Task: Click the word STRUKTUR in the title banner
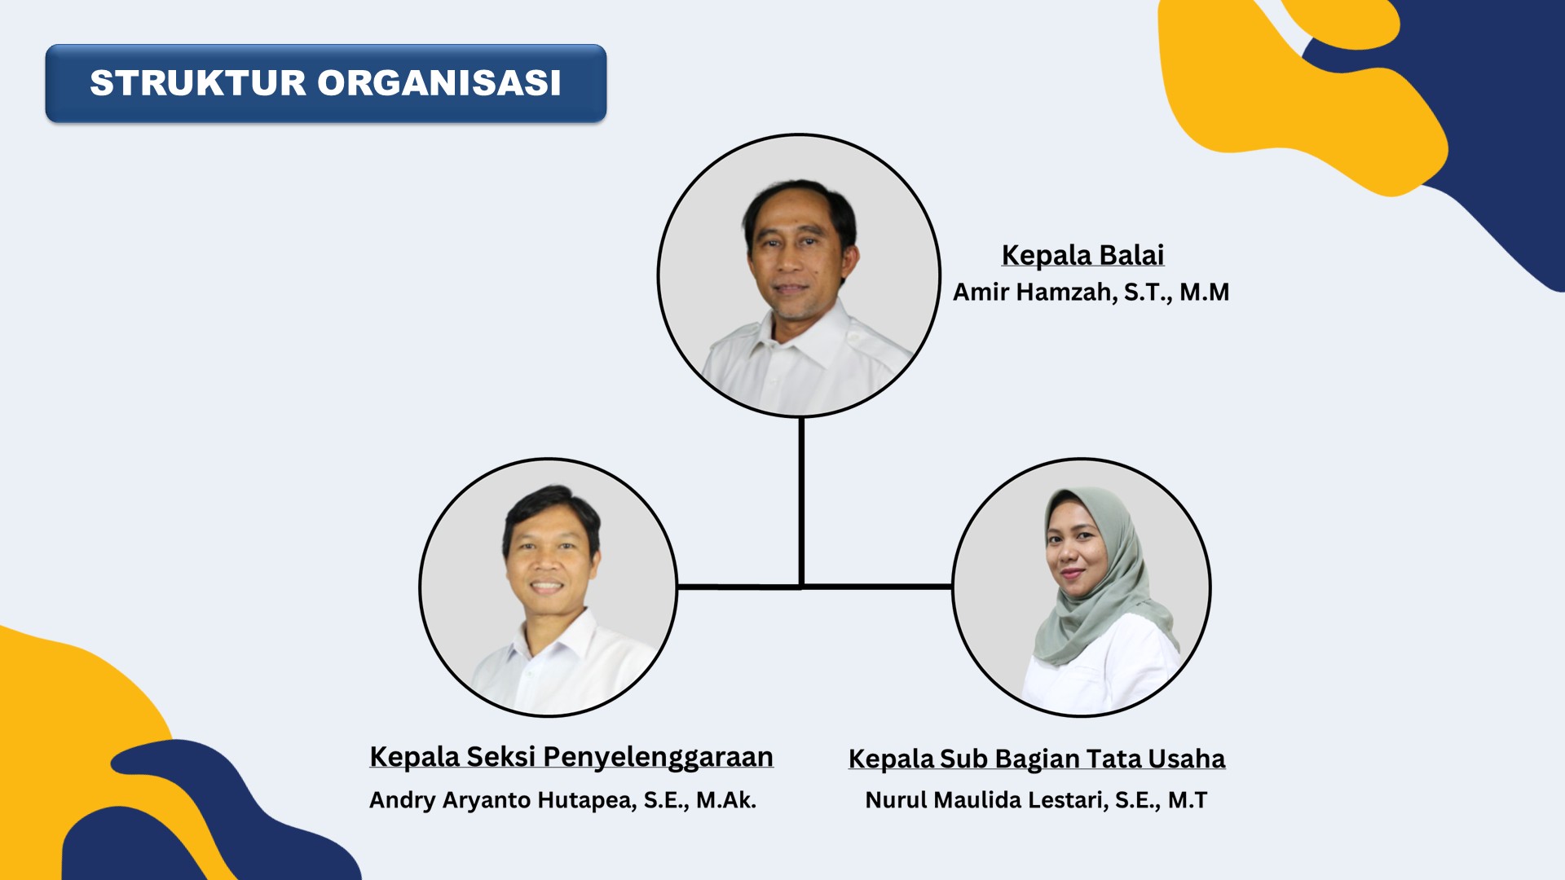click(198, 83)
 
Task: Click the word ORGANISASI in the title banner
click(439, 83)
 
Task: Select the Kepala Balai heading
click(1082, 255)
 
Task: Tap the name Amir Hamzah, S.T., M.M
click(1091, 292)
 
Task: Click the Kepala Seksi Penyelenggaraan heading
click(571, 757)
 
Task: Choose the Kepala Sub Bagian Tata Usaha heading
click(1037, 759)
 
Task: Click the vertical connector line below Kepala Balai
click(801, 502)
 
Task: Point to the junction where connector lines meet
click(801, 586)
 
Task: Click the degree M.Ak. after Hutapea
click(726, 800)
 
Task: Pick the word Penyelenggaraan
click(659, 757)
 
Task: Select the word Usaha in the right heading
click(1187, 759)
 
